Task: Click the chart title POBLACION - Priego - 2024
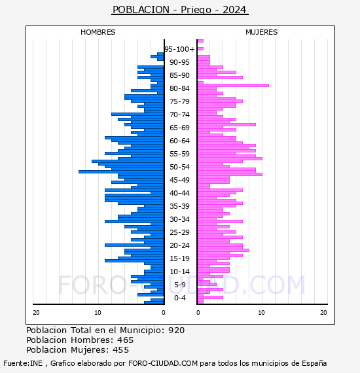pos(180,10)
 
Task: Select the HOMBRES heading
pos(98,32)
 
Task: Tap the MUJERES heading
pos(262,32)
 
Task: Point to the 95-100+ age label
pos(179,49)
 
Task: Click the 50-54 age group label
pos(179,167)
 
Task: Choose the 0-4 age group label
pos(179,298)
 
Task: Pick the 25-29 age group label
pos(179,232)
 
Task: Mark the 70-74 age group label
pos(179,115)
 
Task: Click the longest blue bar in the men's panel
pos(121,171)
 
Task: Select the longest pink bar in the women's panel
pos(233,86)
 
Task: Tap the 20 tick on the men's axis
pos(36,313)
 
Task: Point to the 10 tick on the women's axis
pos(261,313)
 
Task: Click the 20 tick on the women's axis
pos(323,313)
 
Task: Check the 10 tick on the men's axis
pos(98,313)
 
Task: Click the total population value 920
pos(176,330)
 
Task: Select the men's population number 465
pos(126,340)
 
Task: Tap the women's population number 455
pos(120,350)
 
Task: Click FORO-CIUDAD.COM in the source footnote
pos(163,363)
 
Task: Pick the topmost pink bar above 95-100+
pos(200,41)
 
